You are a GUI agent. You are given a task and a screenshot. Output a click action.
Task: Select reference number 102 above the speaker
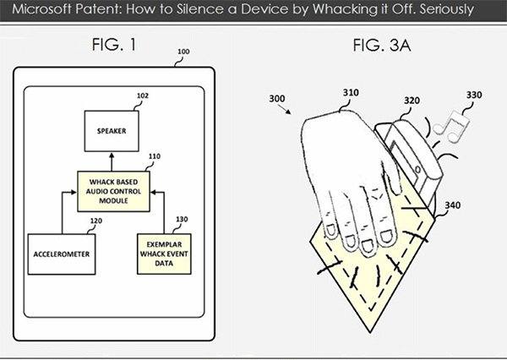(x=143, y=96)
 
